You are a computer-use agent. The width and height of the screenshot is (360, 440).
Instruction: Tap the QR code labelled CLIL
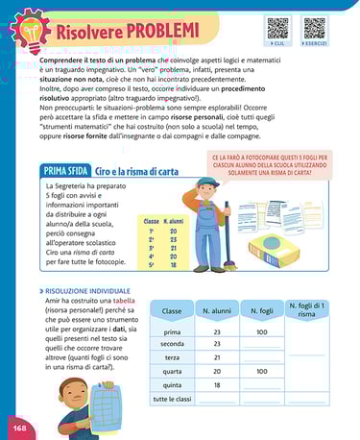click(278, 26)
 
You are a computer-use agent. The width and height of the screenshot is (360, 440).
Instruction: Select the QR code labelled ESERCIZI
click(314, 26)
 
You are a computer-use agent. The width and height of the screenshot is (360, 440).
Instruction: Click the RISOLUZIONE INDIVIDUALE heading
click(88, 288)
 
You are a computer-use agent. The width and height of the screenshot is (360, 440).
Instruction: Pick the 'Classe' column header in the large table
click(172, 311)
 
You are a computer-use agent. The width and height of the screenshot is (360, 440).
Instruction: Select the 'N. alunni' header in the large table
click(217, 311)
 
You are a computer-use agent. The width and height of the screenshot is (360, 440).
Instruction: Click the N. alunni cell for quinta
click(217, 384)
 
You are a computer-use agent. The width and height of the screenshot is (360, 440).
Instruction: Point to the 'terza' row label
click(172, 357)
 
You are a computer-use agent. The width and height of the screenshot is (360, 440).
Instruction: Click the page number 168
click(19, 426)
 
